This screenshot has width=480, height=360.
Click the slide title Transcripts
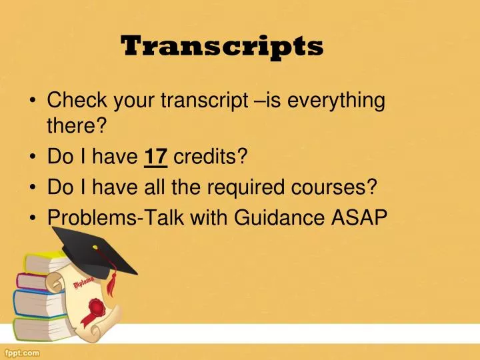coord(222,47)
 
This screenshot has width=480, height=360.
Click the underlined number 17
coord(155,157)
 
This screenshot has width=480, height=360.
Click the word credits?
coord(210,157)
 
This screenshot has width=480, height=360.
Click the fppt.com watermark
coord(23,352)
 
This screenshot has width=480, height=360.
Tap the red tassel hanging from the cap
coord(111,283)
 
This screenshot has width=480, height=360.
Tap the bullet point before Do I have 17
coord(33,158)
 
